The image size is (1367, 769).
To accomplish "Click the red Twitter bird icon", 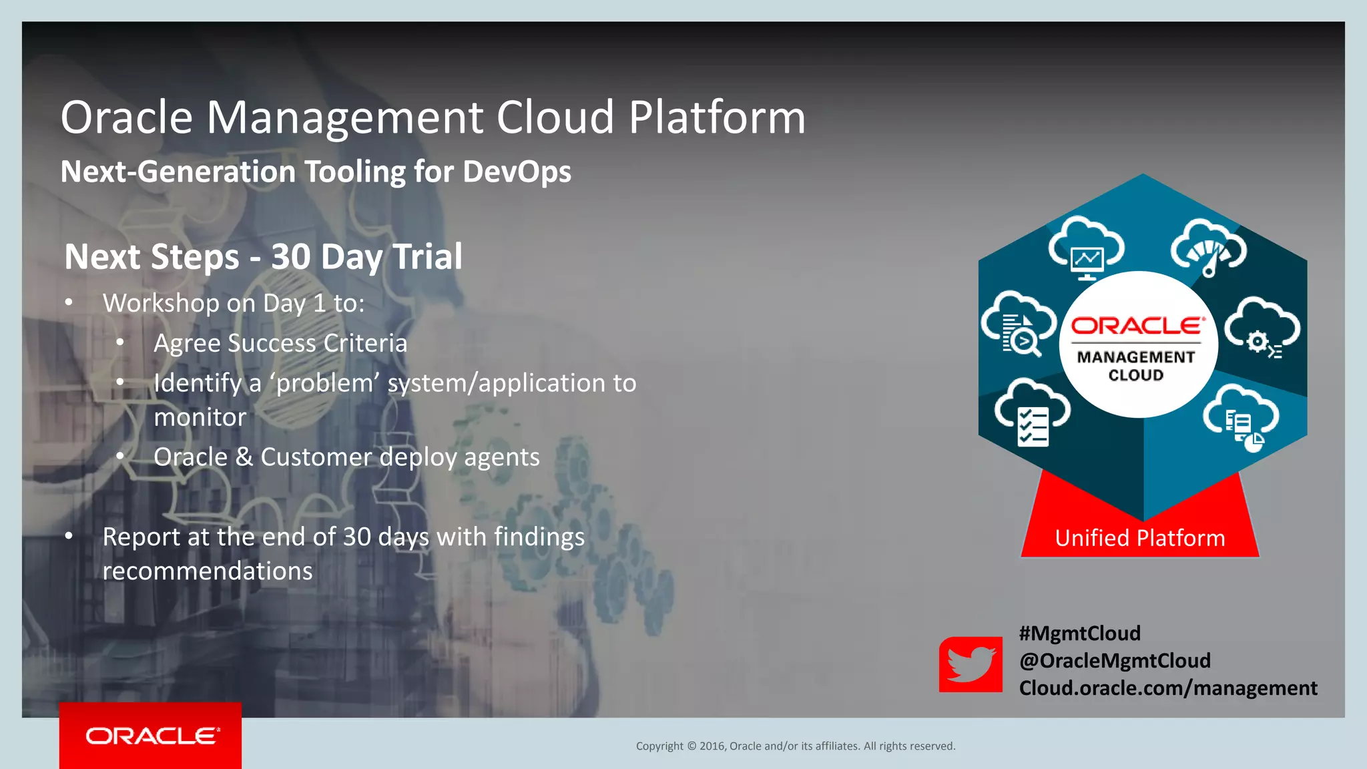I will pyautogui.click(x=971, y=664).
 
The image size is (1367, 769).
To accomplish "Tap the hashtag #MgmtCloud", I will pyautogui.click(x=1079, y=633).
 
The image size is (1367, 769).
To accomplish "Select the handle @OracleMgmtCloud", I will pyautogui.click(x=1114, y=660).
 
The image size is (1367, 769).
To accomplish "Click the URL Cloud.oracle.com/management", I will pyautogui.click(x=1167, y=688).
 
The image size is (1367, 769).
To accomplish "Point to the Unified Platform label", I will pyautogui.click(x=1139, y=538).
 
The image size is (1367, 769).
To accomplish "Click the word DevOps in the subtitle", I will pyautogui.click(x=517, y=172).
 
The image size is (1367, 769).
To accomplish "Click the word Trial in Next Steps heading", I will pyautogui.click(x=427, y=257).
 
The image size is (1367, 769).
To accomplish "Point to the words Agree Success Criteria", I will pyautogui.click(x=280, y=343).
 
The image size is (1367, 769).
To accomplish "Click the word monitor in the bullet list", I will pyautogui.click(x=200, y=417).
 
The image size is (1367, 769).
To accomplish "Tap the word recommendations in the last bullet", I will pyautogui.click(x=208, y=571).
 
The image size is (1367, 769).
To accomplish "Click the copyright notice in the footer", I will pyautogui.click(x=795, y=746).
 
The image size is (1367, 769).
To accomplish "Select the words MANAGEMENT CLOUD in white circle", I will pyautogui.click(x=1136, y=366).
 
